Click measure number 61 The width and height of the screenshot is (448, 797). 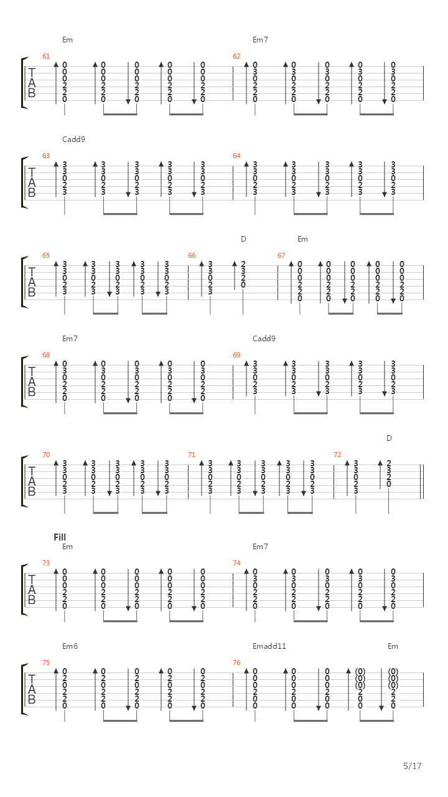tap(46, 56)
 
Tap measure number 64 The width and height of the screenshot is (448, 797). tap(236, 156)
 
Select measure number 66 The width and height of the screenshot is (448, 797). tap(192, 255)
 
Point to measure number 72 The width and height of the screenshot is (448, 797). tap(337, 455)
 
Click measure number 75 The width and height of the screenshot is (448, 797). tap(46, 663)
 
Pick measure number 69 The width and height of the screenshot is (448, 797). tap(236, 355)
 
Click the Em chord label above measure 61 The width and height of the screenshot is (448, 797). tap(68, 40)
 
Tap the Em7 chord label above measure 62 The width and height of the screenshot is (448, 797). tap(260, 40)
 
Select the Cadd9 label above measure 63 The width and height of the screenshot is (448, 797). tap(73, 139)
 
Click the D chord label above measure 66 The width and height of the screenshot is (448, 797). tap(243, 239)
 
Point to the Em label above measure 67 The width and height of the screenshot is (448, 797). tap(302, 239)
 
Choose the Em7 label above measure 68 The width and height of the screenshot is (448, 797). tap(70, 339)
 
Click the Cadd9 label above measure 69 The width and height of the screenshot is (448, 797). tap(264, 339)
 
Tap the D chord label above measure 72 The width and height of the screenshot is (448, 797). tap(389, 438)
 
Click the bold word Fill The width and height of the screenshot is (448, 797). tap(60, 537)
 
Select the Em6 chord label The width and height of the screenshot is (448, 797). tap(70, 646)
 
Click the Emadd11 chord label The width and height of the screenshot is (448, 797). tap(269, 646)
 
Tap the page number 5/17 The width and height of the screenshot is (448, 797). tap(413, 766)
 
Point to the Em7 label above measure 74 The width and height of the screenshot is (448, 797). tap(260, 547)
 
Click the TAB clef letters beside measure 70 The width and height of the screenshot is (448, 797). tap(32, 481)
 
